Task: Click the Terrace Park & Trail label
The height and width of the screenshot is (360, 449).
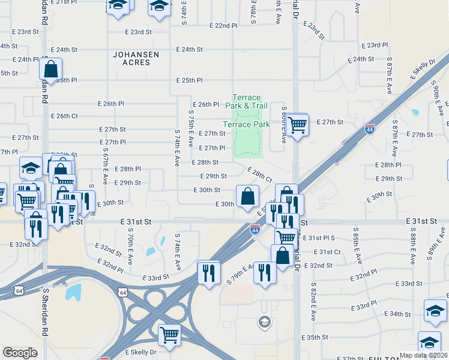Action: coord(246,101)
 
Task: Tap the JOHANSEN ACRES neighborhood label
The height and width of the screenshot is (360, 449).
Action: coord(136,58)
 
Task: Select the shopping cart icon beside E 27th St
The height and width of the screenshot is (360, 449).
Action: coord(297,125)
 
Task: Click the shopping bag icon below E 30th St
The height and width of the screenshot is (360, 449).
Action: coord(247,196)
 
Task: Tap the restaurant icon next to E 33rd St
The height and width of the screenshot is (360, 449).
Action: coord(208,273)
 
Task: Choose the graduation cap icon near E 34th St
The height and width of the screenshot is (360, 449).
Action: coord(435,311)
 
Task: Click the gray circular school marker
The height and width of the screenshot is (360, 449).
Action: coord(264,323)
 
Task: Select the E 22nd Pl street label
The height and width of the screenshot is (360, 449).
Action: coord(223,26)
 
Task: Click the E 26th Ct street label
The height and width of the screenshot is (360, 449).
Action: coord(65,116)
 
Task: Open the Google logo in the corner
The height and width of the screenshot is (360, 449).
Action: coord(20,353)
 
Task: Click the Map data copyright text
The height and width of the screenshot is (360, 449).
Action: coord(424,355)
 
